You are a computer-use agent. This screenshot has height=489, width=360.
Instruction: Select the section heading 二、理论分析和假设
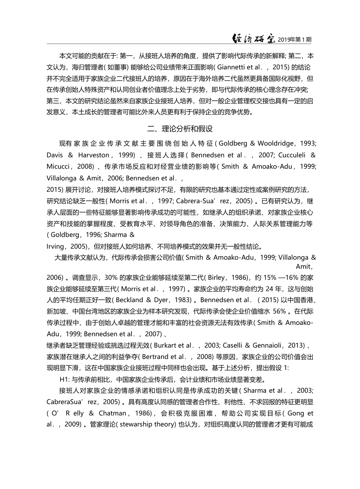click(180, 129)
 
